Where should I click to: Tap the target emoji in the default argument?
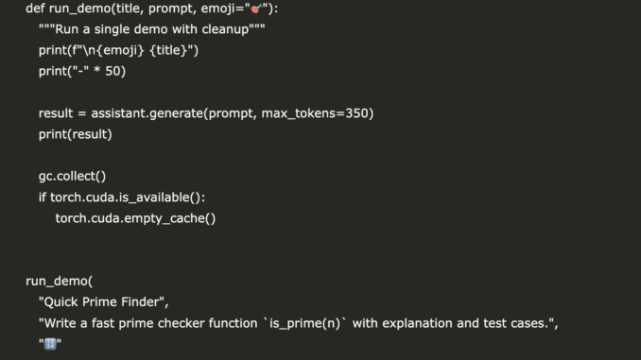255,9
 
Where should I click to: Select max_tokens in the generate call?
291,113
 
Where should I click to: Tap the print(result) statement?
75,134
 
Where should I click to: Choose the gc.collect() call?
72,176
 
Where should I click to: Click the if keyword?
42,197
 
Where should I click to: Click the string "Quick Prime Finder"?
103,302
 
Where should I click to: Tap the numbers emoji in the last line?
50,344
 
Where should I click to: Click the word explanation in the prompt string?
406,323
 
